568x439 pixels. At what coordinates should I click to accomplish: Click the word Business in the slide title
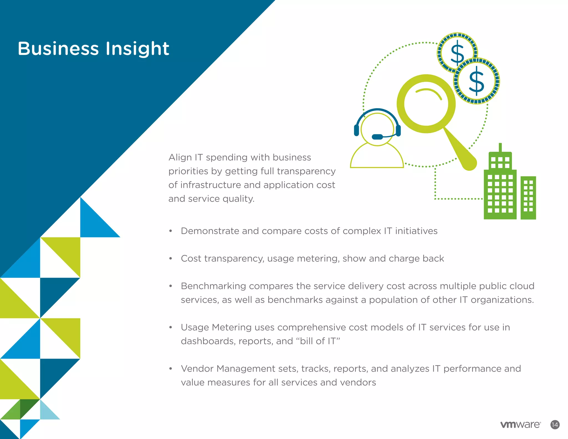tap(58, 49)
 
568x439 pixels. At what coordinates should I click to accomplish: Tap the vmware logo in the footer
tap(520, 425)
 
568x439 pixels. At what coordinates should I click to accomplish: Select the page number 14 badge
tap(555, 425)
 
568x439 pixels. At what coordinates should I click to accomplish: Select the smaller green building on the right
tap(528, 197)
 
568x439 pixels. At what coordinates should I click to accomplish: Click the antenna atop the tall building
tap(500, 147)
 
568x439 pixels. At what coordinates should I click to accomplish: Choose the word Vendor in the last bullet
tap(197, 369)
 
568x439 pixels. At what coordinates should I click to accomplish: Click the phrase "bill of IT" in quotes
tap(320, 341)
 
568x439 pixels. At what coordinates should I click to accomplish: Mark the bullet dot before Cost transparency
tap(171, 259)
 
